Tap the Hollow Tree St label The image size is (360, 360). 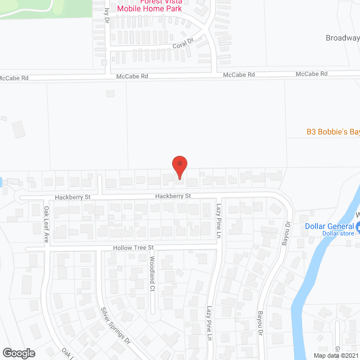pos(133,247)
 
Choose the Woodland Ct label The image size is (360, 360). pos(152,273)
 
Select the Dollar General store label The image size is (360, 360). pos(329,227)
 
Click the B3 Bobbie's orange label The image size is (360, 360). pos(332,132)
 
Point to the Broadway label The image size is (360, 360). pos(343,38)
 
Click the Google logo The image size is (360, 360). pos(18,353)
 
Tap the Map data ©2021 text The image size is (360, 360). pos(335,355)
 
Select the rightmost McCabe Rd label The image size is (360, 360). pos(312,74)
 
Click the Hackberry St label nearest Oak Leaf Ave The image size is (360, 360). pos(73,197)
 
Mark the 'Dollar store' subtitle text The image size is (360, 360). pos(337,233)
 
